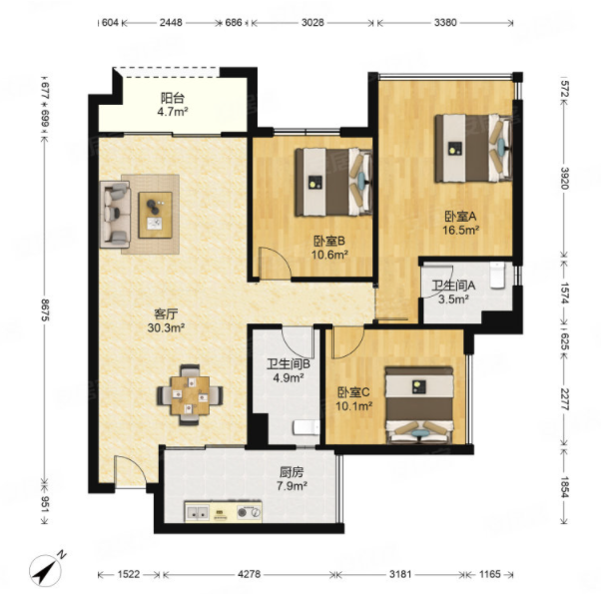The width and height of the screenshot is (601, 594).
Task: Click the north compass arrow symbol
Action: (46, 570)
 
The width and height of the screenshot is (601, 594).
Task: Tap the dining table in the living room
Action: (190, 395)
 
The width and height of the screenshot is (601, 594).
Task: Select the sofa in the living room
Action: (115, 214)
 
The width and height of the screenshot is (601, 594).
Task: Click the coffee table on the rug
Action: (155, 215)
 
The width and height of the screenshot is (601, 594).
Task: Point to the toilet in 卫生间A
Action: (497, 275)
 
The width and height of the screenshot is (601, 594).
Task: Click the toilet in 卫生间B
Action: (306, 427)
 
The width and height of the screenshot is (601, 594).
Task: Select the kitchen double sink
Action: (198, 512)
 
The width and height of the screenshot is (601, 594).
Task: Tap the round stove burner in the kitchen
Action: (243, 512)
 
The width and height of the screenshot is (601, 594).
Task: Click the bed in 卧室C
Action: (419, 405)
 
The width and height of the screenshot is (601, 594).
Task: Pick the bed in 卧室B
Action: (333, 183)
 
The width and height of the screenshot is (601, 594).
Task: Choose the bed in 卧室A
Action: (474, 149)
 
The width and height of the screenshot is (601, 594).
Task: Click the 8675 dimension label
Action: (46, 310)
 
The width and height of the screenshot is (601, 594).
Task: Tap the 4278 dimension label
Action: (250, 574)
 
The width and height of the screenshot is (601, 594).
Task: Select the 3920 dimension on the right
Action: (565, 178)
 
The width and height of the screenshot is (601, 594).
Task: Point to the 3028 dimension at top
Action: (312, 23)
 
